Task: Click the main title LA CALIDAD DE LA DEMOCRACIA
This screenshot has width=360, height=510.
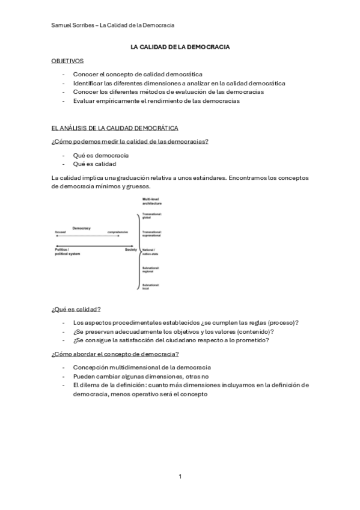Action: (x=180, y=46)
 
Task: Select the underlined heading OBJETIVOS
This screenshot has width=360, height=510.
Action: (x=67, y=61)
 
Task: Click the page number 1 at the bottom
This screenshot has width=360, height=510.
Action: (x=180, y=476)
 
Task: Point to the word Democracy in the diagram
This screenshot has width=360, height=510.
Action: (x=81, y=228)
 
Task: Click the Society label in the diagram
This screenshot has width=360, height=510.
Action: (x=131, y=249)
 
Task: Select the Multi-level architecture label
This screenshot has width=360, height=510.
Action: (x=153, y=201)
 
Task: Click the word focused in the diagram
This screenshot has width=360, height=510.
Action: (x=60, y=232)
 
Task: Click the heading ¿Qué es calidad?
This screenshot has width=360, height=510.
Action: (x=76, y=309)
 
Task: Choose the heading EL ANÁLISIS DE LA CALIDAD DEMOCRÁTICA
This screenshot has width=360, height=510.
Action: (x=115, y=128)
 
